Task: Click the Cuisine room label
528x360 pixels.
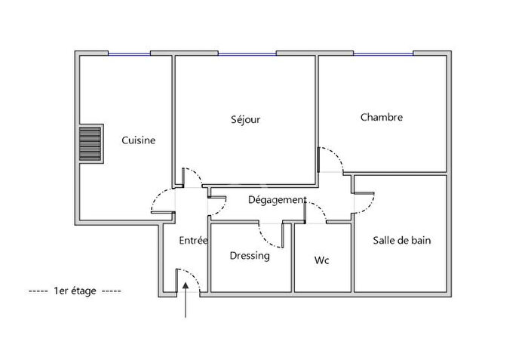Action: (139, 140)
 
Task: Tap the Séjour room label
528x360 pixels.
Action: (245, 119)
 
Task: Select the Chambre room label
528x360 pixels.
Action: (381, 117)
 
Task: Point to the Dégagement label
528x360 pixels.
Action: (278, 200)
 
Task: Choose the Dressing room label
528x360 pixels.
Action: (250, 255)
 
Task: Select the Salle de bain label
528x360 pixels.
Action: (402, 241)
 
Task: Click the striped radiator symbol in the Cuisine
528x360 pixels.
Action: (90, 143)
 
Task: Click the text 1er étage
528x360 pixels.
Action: (75, 291)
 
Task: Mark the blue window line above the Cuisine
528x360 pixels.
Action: (129, 53)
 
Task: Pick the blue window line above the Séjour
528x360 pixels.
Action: (247, 53)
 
